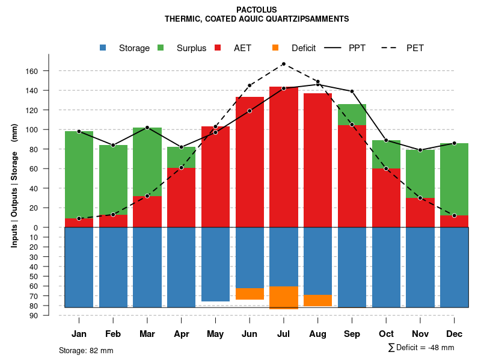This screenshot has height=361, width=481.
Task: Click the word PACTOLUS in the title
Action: click(257, 10)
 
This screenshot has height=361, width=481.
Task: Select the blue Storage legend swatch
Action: click(103, 48)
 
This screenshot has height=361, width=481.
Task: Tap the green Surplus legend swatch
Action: click(161, 48)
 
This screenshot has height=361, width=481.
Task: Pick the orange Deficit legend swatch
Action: click(276, 48)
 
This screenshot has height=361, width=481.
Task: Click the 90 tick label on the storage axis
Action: click(34, 315)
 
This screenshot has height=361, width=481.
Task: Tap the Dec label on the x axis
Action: click(454, 334)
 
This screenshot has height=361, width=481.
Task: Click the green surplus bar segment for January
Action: click(79, 174)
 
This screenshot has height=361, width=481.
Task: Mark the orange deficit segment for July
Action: click(283, 297)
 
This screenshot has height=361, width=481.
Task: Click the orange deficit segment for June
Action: click(250, 294)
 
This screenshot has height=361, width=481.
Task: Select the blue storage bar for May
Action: click(215, 265)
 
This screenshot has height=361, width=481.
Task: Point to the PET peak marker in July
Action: click(283, 64)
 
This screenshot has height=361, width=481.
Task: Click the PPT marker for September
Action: click(352, 91)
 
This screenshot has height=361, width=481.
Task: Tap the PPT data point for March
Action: click(147, 128)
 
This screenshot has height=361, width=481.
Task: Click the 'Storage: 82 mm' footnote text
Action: click(86, 350)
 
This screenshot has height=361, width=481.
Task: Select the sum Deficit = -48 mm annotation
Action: click(421, 347)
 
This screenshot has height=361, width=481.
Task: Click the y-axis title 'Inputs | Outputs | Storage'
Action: click(14, 180)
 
